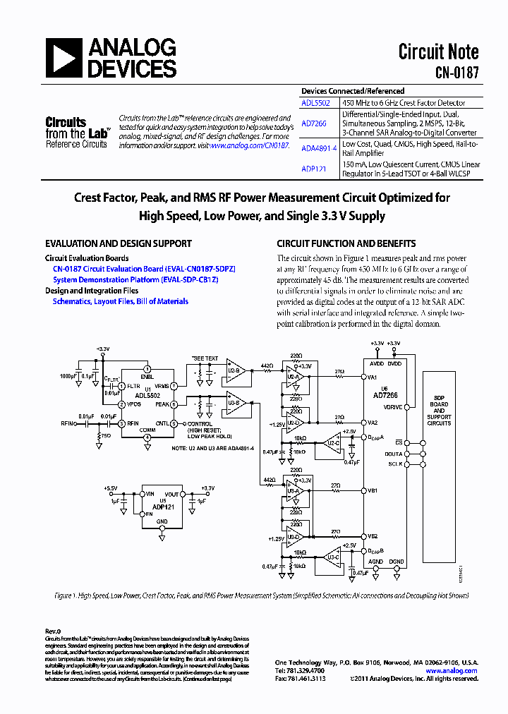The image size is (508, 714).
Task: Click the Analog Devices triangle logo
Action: (64, 58)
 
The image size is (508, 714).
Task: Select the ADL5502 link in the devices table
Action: (315, 102)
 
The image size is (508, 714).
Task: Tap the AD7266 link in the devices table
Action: (313, 122)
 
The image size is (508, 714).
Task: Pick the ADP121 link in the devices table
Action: (313, 169)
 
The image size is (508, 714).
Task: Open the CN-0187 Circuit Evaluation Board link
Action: (144, 269)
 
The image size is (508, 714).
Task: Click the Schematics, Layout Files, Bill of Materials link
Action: (121, 301)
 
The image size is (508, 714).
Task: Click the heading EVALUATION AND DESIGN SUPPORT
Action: (119, 243)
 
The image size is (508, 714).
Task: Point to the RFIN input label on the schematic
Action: (68, 424)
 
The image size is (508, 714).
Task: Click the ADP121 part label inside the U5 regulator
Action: (164, 507)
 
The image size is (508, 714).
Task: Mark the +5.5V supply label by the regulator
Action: (111, 488)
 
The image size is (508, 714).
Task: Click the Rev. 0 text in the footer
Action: (54, 631)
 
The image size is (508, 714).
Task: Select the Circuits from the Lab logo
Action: (77, 133)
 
